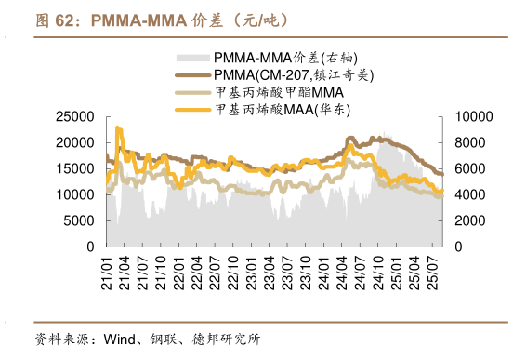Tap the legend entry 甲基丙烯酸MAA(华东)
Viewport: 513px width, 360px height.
(x=283, y=110)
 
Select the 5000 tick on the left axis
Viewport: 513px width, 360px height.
(x=78, y=221)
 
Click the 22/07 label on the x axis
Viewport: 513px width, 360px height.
(x=215, y=270)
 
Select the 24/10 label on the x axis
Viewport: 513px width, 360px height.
(x=378, y=270)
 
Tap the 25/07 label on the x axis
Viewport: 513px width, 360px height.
(x=433, y=270)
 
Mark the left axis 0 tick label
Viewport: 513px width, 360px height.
(x=89, y=247)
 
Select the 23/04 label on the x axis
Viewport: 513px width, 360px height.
(x=270, y=270)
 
